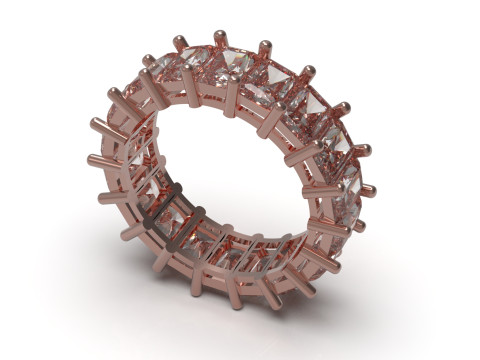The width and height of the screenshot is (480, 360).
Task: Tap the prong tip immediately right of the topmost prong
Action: click(x=266, y=45)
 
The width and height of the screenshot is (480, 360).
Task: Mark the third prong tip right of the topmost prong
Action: click(x=344, y=106)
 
